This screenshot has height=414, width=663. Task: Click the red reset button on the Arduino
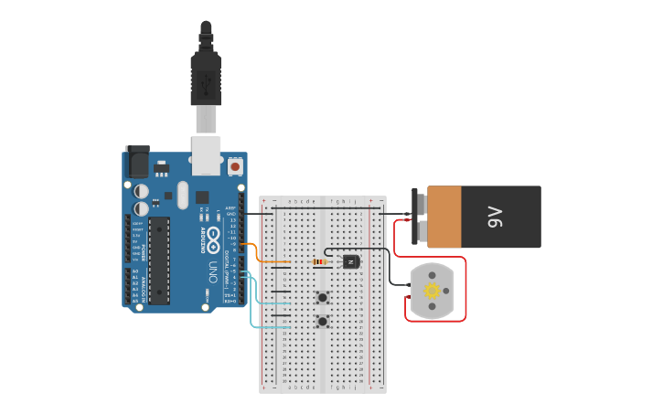click(235, 167)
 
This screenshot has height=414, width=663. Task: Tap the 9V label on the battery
click(495, 217)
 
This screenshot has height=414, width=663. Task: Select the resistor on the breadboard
click(319, 261)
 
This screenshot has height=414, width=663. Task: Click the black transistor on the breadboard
click(351, 261)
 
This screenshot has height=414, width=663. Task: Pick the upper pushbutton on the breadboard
click(322, 297)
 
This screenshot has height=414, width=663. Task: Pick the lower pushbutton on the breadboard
click(322, 321)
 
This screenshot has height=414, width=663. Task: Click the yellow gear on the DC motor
click(432, 291)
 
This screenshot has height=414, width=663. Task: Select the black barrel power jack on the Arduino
click(136, 162)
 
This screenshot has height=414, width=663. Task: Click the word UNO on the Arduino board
click(212, 271)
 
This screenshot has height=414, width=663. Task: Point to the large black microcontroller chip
click(159, 260)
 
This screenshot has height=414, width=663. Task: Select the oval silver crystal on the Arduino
click(182, 194)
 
